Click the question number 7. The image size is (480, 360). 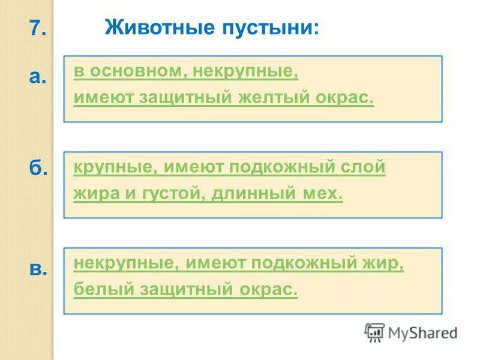[x=37, y=28]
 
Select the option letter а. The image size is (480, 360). [x=38, y=76]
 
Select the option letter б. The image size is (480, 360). [x=38, y=169]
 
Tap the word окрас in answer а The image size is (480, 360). [x=347, y=98]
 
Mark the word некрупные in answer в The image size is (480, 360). [x=126, y=263]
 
